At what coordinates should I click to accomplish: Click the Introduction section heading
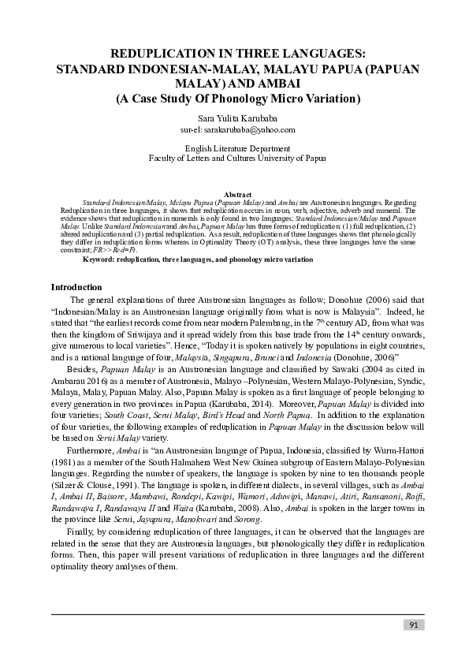tap(76, 287)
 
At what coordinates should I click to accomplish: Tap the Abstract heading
tap(237, 194)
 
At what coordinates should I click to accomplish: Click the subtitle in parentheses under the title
tap(237, 99)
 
